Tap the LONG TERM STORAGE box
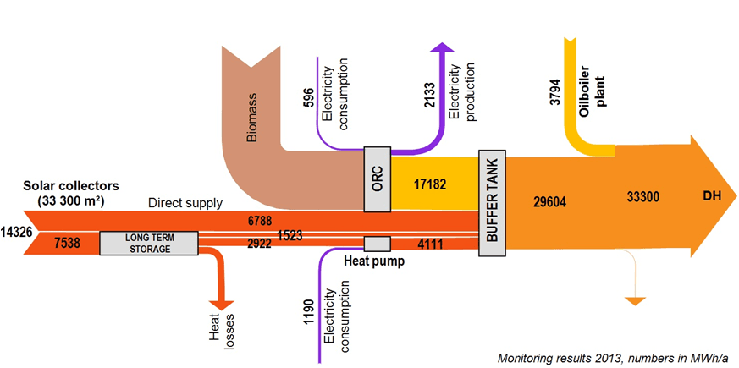pyautogui.click(x=148, y=243)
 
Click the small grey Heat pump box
pyautogui.click(x=377, y=244)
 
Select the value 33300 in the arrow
pyautogui.click(x=642, y=197)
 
